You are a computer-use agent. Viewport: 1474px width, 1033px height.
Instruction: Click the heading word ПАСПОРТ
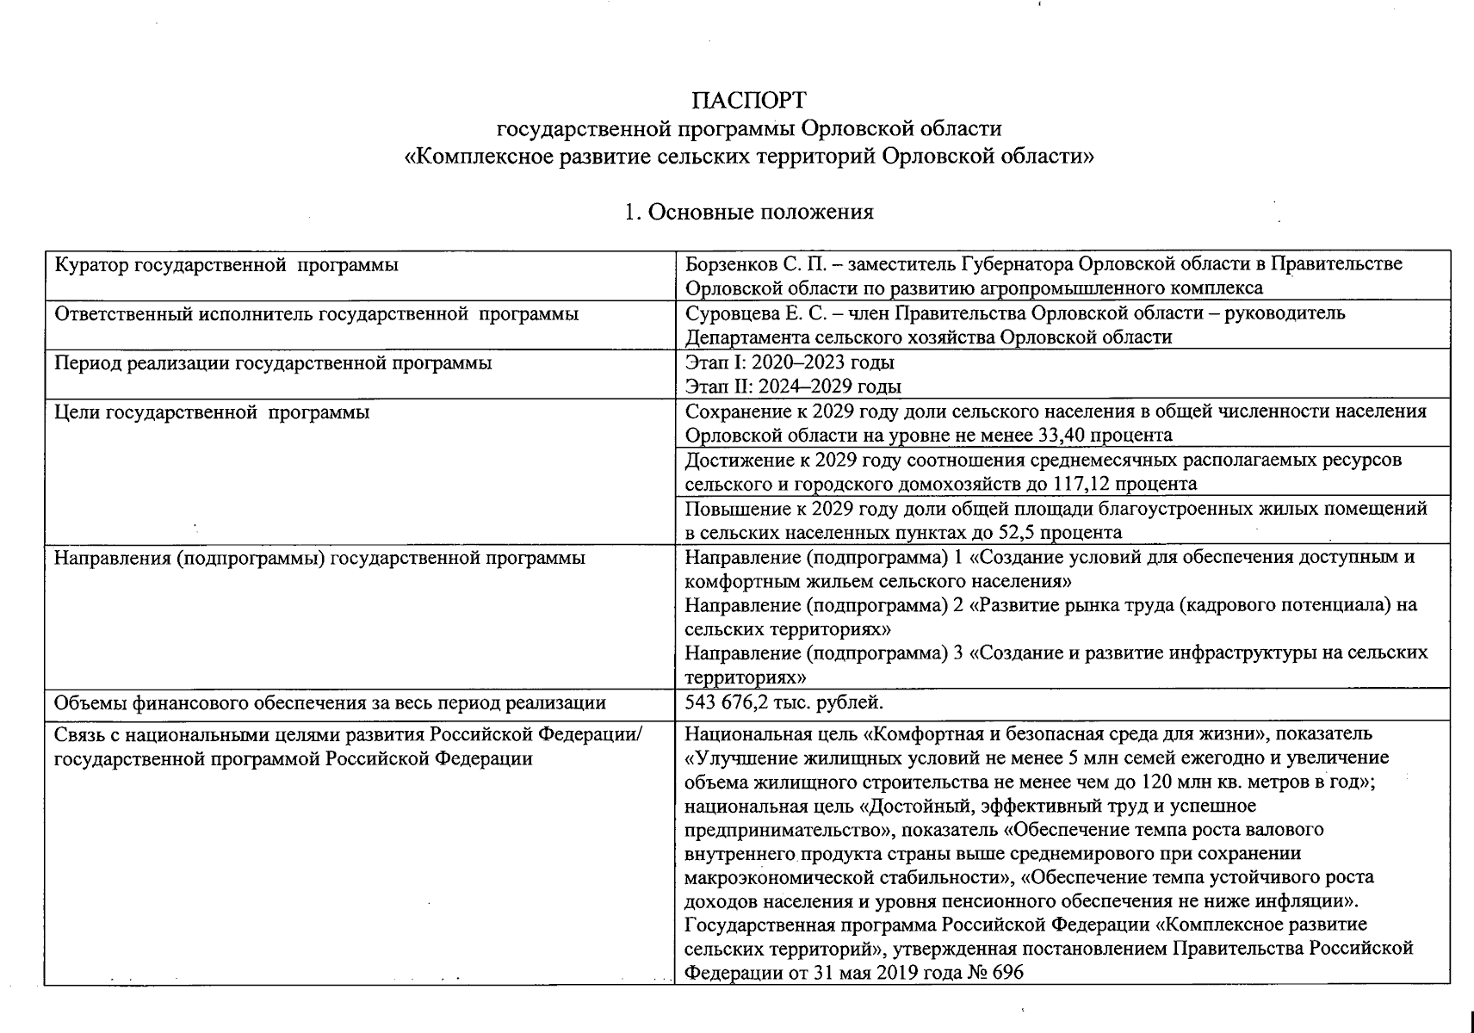tap(749, 101)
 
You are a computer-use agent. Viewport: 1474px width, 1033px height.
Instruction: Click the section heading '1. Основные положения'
tap(749, 213)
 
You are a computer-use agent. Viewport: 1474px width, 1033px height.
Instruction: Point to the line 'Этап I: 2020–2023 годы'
tap(789, 362)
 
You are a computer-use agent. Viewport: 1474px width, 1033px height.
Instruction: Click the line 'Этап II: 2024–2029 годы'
tap(792, 387)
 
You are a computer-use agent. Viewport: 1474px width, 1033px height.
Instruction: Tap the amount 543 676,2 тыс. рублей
tap(783, 702)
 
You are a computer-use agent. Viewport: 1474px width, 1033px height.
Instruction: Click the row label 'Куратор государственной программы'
tap(226, 265)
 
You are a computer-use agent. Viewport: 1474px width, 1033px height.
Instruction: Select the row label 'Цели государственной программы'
tap(212, 412)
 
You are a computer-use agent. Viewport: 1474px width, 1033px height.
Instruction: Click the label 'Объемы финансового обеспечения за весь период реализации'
tap(330, 703)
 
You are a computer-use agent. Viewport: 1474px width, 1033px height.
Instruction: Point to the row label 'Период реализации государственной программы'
tap(273, 363)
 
